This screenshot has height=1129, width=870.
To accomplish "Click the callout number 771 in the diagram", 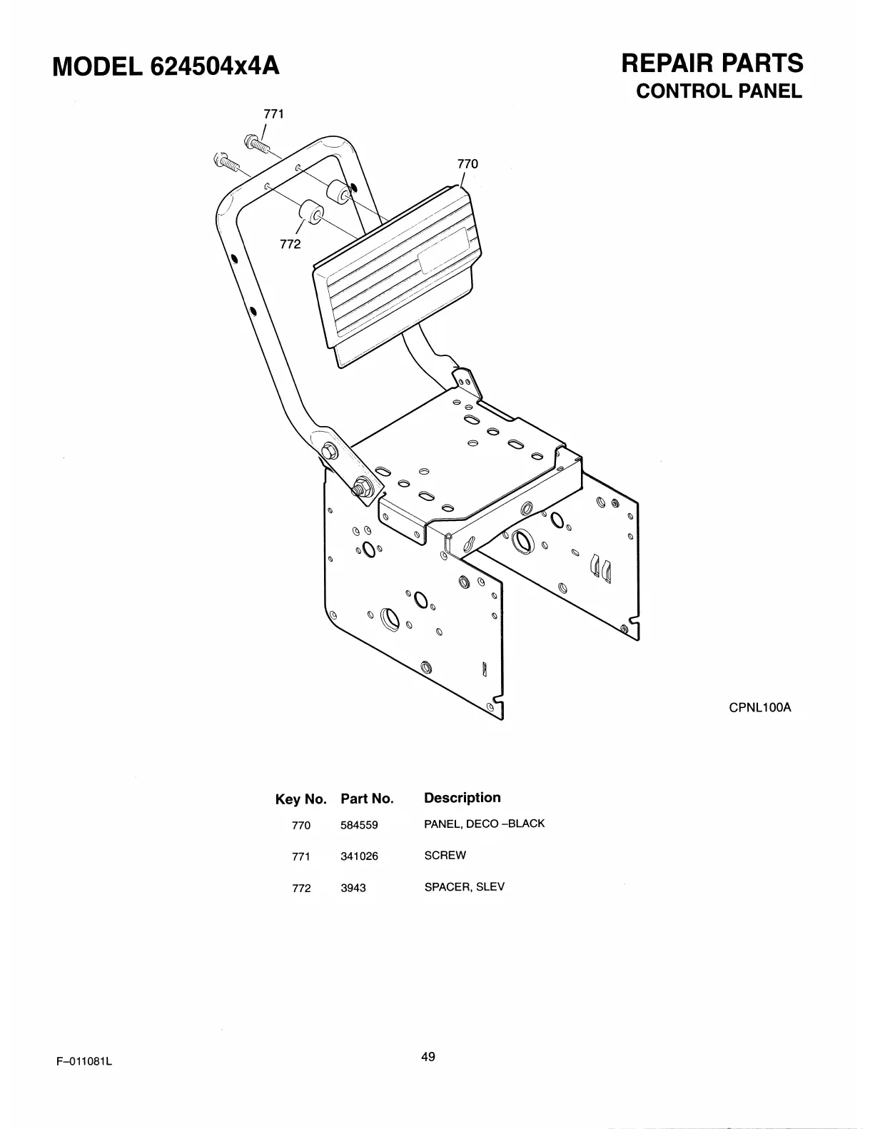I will click(x=274, y=114).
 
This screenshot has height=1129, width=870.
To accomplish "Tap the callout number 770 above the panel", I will click(x=467, y=163).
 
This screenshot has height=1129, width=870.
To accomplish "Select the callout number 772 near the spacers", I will click(x=290, y=244).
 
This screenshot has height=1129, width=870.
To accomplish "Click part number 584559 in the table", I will click(x=359, y=826).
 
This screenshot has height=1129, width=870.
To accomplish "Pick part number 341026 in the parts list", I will click(x=359, y=856).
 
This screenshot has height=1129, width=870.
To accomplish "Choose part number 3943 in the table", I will click(x=353, y=888).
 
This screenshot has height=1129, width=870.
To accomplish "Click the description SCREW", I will click(x=445, y=855).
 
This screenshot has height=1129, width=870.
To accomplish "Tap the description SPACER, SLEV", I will click(x=464, y=887).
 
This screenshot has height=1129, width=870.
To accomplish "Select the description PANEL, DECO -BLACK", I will click(x=484, y=824).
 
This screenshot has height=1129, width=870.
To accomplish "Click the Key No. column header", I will click(x=300, y=799).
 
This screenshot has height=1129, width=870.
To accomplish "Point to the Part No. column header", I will click(x=367, y=799).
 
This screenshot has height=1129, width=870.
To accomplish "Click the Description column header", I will click(x=462, y=798).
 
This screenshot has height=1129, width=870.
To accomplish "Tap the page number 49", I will click(x=428, y=1057).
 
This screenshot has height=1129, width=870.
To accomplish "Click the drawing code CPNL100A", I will click(x=760, y=709).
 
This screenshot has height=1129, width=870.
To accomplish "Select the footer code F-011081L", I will click(x=85, y=1061).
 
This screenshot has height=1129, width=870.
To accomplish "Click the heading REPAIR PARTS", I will click(x=712, y=64).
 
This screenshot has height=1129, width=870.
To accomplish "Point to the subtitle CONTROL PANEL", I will click(x=719, y=92).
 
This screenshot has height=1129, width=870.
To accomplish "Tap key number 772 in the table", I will click(x=301, y=888).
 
